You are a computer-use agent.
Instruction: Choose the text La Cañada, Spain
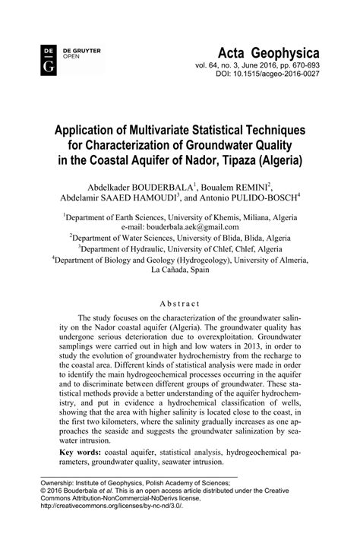[x=180, y=270]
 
